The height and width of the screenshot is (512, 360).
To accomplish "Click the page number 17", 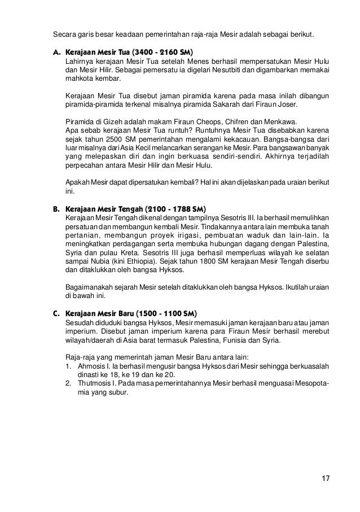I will coord(325,479).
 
